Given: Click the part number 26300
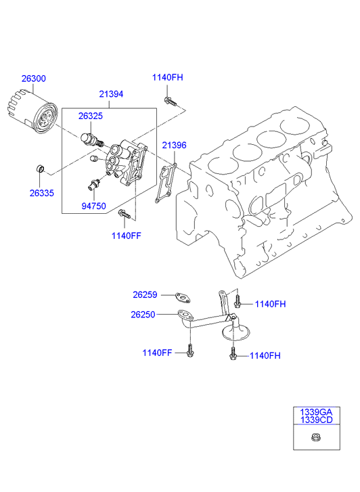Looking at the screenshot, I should pos(33,79).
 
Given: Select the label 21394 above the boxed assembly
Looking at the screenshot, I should pos(110,94).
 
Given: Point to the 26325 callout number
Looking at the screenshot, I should pos(91,116).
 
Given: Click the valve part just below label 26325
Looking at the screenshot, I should pos(91,139).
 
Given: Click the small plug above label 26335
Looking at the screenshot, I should pos(42,168).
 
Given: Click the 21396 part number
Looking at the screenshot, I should pos(174,145).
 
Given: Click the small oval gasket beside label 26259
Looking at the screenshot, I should pos(181,295).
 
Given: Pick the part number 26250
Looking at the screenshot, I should pos(144,314).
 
